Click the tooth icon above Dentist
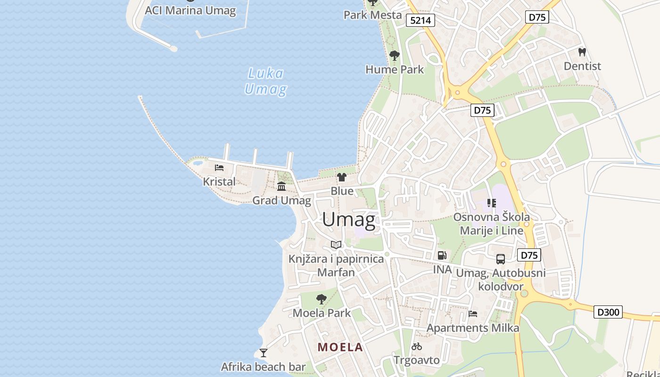point(582,52)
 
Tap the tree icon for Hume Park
point(395,56)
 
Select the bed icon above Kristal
point(219,168)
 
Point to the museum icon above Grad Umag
point(281,187)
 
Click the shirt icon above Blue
point(342,177)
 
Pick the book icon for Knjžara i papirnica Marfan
point(336,245)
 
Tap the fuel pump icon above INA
point(442,255)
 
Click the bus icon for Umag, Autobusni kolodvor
point(501,259)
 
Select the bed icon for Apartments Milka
point(473,314)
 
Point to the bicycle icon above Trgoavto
point(417,347)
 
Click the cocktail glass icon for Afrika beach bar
point(264,352)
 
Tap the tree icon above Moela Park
point(322,299)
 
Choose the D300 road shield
point(608,312)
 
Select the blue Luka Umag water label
point(266,81)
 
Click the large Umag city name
point(349,220)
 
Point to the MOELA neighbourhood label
point(340,347)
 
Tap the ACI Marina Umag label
point(190,10)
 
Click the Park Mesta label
point(372,15)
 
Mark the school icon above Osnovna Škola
point(492,203)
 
